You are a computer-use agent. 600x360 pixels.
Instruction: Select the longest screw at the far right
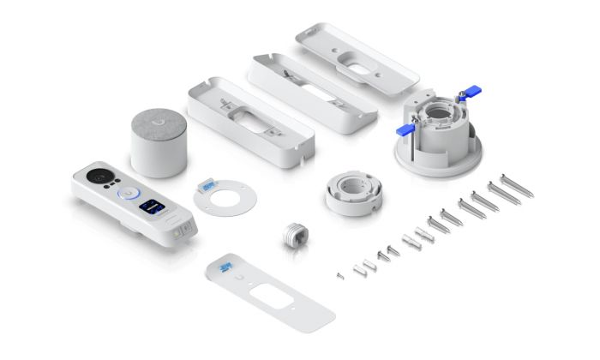point(519,184)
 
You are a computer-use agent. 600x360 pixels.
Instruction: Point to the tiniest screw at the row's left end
point(340,275)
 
